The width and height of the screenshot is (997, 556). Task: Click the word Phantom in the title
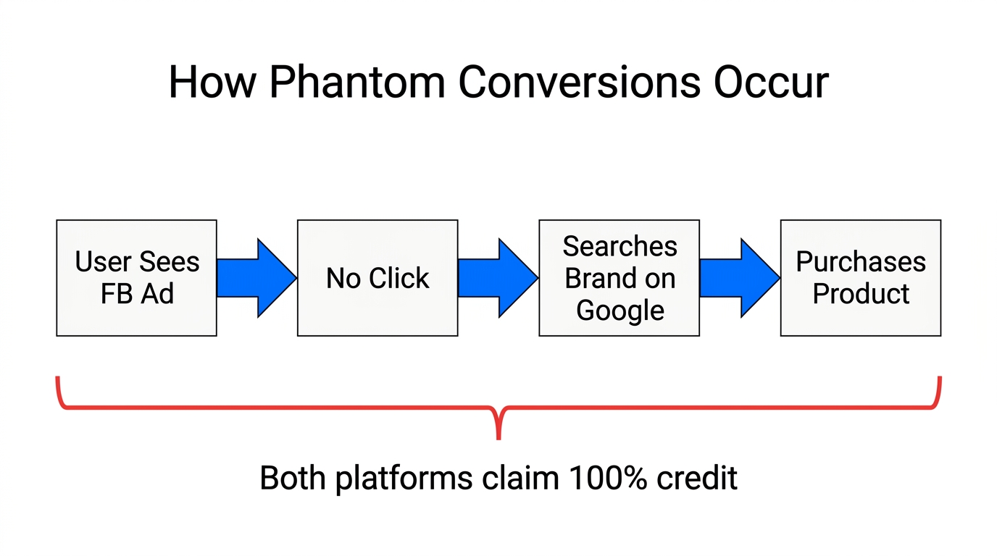(356, 83)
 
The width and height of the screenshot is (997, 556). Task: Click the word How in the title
(212, 83)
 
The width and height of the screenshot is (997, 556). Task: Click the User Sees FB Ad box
(136, 278)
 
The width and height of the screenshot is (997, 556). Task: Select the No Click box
(377, 278)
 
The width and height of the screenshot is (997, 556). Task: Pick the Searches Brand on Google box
(619, 278)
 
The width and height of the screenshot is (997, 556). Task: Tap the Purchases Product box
(860, 278)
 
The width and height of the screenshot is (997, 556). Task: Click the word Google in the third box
(620, 310)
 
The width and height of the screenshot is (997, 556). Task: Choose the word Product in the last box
(861, 294)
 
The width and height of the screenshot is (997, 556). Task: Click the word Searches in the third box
(620, 247)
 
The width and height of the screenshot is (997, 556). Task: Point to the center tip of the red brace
(498, 437)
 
